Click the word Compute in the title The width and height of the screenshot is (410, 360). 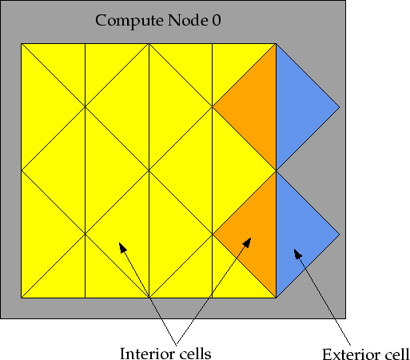pos(129,21)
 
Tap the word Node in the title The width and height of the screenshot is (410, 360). pos(188,20)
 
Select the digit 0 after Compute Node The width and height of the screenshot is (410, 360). pos(217,20)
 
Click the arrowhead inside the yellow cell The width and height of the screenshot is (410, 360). pos(122,247)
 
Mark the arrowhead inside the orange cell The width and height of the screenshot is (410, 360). pos(248,242)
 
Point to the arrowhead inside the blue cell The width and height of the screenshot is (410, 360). pos(297,254)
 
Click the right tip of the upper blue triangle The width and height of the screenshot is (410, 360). pos(340,107)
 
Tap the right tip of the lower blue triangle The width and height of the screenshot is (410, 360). pos(340,234)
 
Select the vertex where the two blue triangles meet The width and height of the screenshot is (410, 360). pos(277,170)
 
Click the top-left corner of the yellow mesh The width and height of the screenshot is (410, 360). pos(22,44)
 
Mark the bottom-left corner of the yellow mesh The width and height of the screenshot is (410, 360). pos(22,298)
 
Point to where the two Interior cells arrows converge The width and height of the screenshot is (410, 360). pos(176,345)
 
